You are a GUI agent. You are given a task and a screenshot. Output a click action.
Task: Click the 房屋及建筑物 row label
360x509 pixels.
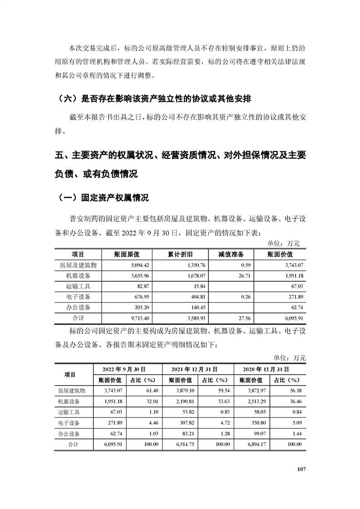tap(79, 265)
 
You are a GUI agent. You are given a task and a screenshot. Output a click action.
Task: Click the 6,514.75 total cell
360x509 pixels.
tap(184, 445)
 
